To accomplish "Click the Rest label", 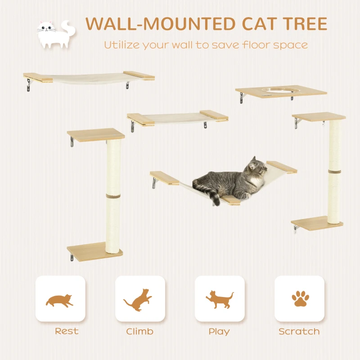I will click(x=66, y=331).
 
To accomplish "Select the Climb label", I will click(x=139, y=332).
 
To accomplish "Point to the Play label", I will click(x=219, y=332).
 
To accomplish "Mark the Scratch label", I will click(x=299, y=332).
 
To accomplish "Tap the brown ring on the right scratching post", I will click(x=334, y=172).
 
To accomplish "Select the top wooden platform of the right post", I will click(x=319, y=117).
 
